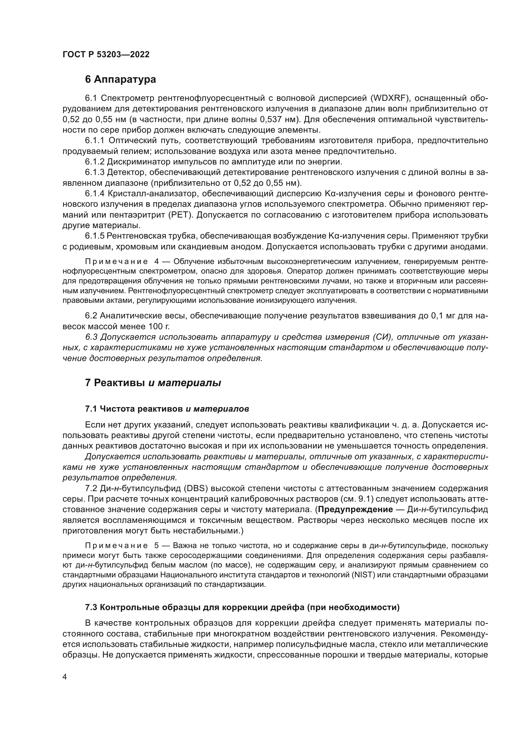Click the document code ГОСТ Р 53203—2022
point(106,54)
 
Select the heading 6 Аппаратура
point(120,80)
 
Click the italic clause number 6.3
point(91,337)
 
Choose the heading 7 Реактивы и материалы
point(153,383)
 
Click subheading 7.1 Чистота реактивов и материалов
point(167,409)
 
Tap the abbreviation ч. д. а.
point(406,425)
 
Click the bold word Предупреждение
point(355,510)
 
